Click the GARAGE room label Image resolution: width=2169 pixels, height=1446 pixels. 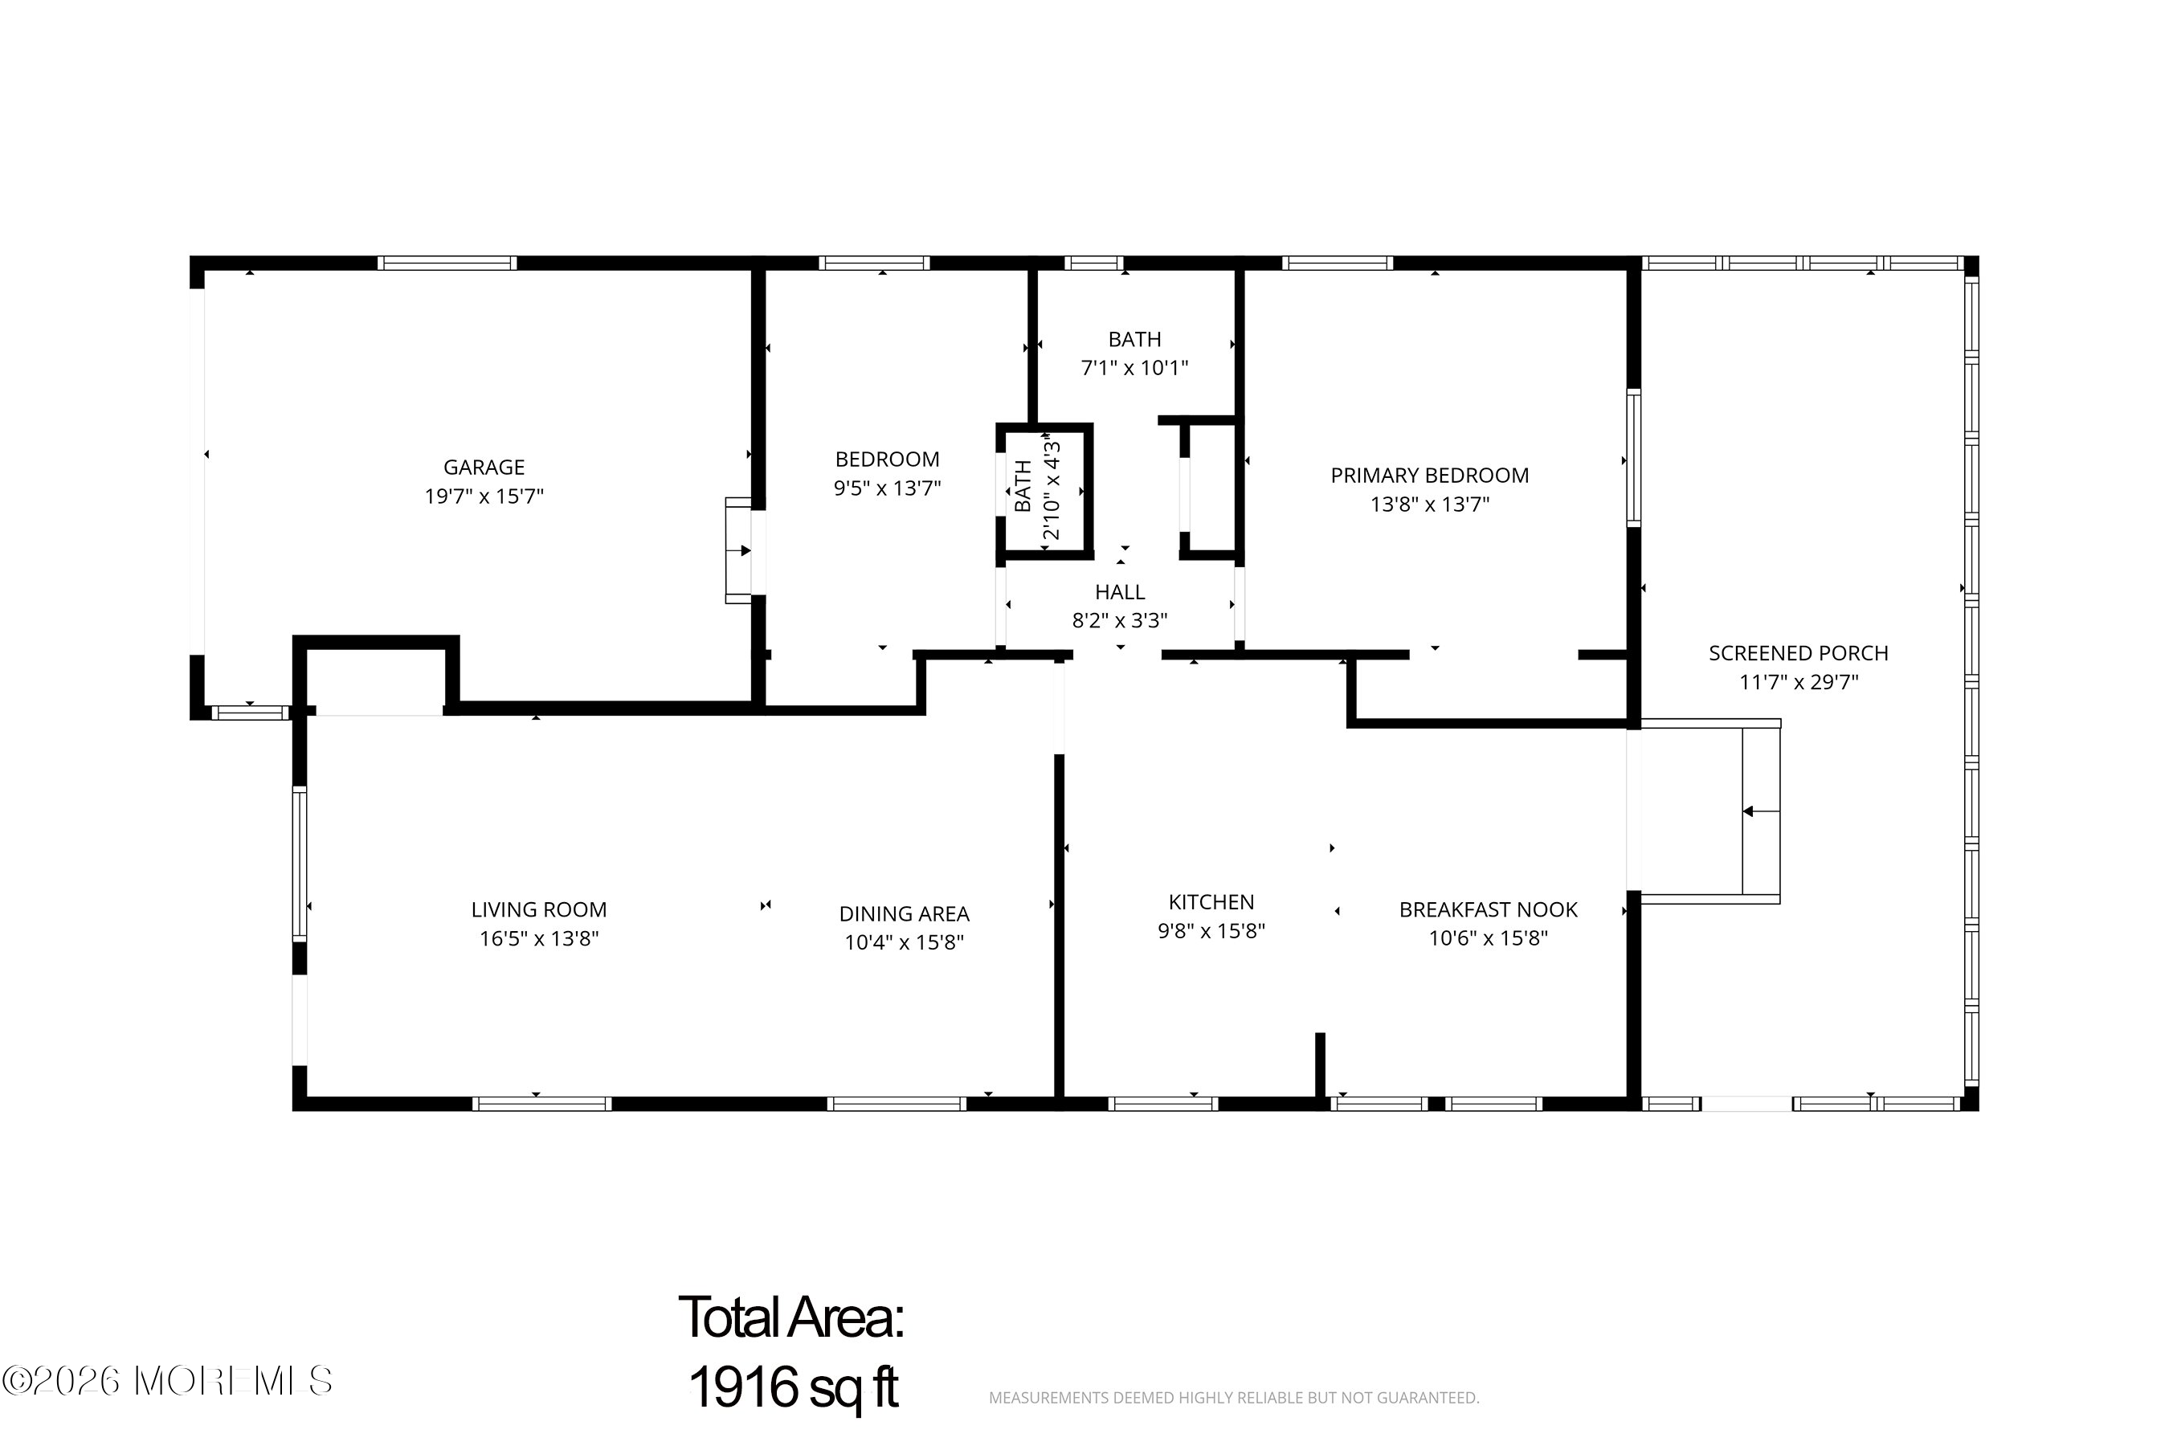click(484, 468)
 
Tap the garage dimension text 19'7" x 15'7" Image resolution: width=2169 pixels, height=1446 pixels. click(484, 496)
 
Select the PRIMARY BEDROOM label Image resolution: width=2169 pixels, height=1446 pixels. click(1429, 476)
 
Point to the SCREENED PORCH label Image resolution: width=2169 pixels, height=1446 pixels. click(1799, 654)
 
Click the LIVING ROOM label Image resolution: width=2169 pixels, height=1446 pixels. click(538, 910)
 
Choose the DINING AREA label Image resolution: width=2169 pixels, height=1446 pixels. click(904, 914)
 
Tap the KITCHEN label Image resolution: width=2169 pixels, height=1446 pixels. click(1211, 902)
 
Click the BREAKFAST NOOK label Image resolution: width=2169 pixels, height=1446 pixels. click(1489, 910)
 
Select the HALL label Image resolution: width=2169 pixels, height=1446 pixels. click(1120, 592)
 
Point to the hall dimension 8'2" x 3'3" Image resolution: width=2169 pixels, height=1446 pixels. click(1120, 621)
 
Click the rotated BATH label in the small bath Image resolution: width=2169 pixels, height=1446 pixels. click(1023, 486)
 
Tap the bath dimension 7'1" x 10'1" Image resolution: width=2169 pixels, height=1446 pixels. click(1134, 368)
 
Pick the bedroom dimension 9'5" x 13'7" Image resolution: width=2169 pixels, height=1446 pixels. click(887, 488)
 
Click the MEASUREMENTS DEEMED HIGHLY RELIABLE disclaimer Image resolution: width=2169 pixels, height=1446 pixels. click(1234, 1398)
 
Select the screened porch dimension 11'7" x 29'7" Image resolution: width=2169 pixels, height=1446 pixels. click(1799, 682)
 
